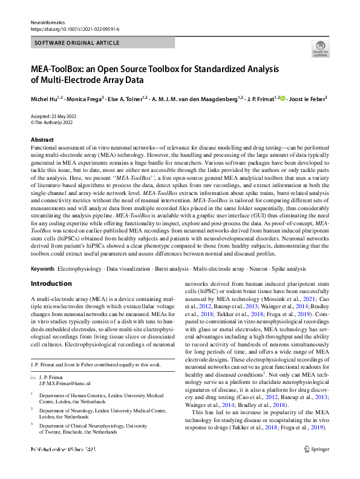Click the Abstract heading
tap(42, 140)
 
